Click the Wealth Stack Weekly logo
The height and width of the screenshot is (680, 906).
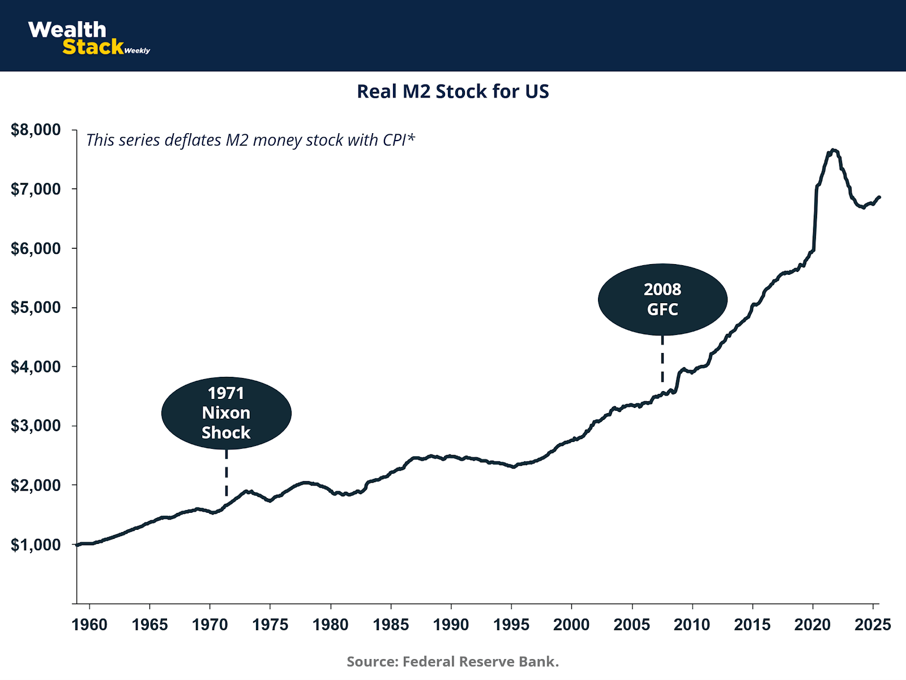(x=89, y=38)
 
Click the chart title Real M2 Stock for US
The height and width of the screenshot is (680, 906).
(x=452, y=92)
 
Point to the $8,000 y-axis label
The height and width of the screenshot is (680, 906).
(x=36, y=130)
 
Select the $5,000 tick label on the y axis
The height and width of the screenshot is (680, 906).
(x=36, y=307)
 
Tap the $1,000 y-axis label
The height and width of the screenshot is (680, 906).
(x=36, y=545)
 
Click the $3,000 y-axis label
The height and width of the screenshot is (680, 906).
(x=36, y=426)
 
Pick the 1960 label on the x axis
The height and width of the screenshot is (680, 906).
(x=89, y=624)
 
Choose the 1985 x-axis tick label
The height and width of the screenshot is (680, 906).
(x=391, y=624)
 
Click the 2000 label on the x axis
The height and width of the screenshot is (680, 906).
(x=571, y=624)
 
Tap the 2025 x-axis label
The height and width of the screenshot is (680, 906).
(x=873, y=624)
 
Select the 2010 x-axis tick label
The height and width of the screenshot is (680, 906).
(x=692, y=624)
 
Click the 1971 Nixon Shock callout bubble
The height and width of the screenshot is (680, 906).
(x=226, y=413)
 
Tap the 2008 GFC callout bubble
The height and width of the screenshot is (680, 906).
(x=663, y=299)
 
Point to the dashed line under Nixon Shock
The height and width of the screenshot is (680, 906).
(x=226, y=474)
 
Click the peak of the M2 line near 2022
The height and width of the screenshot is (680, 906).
(x=832, y=150)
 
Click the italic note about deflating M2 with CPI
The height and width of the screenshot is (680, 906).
(x=250, y=140)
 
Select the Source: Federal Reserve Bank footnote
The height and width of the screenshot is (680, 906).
(x=452, y=661)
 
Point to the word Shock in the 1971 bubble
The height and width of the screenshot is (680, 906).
(x=226, y=433)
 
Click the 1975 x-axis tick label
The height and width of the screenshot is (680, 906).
(x=270, y=624)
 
